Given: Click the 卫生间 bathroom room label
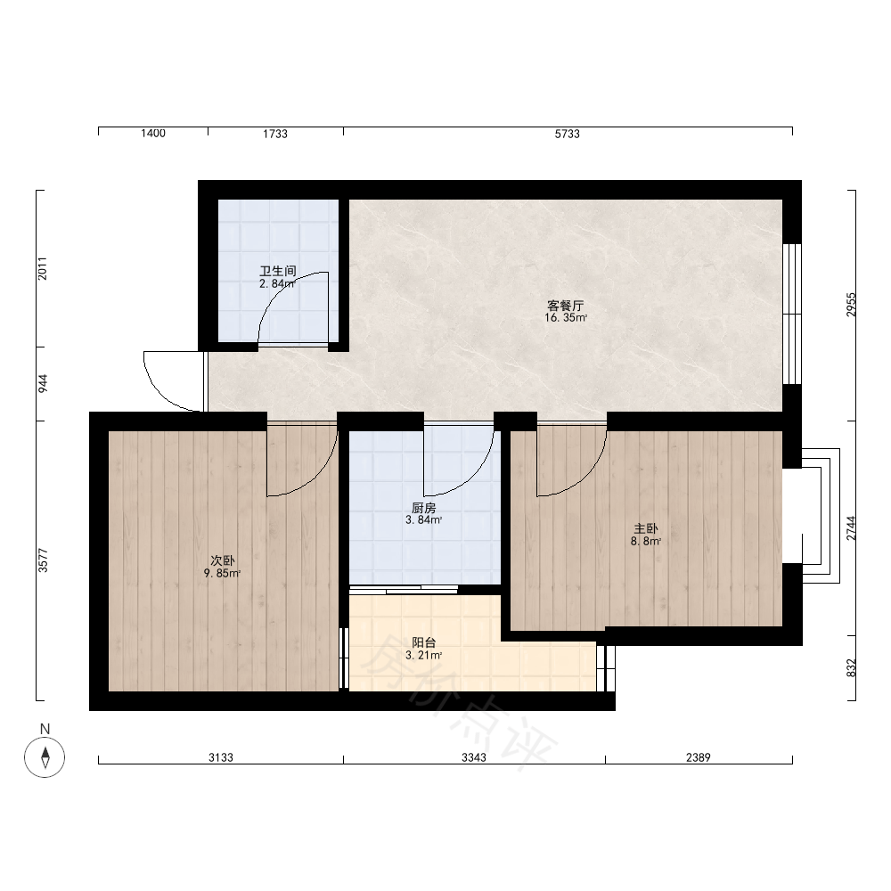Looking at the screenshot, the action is (278, 271).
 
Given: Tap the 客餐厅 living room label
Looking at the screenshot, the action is (566, 306).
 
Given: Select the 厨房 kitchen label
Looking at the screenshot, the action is (424, 508).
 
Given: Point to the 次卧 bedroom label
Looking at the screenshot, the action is (222, 560).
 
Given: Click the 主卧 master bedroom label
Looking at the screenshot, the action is (645, 529).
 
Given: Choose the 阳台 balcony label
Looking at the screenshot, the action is (424, 642).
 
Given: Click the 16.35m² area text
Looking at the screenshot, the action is (566, 318).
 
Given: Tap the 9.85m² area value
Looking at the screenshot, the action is (222, 573).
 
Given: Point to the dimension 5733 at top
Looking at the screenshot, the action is (567, 134).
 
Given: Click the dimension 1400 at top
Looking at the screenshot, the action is (153, 134).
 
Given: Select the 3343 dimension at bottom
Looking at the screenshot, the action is (474, 757).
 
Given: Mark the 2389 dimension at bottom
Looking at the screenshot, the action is (699, 757).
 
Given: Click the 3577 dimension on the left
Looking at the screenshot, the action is (43, 560).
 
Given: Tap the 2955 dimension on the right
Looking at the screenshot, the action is (851, 305).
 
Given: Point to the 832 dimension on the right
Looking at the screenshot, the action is (851, 668).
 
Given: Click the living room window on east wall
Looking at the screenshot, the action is (792, 315).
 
